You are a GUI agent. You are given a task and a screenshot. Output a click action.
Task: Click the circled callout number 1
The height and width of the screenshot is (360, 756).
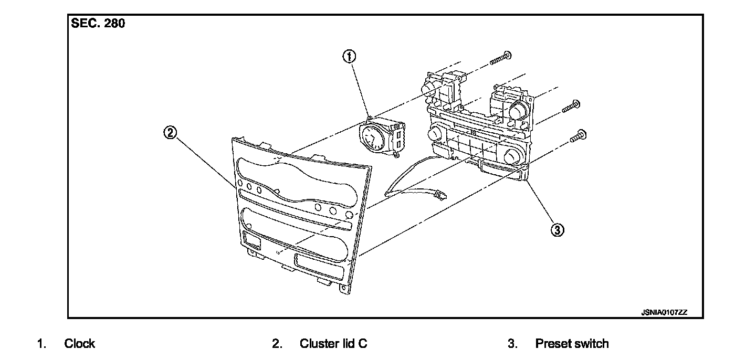[350, 56]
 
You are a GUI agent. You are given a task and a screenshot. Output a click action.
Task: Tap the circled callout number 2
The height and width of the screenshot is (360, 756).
[169, 133]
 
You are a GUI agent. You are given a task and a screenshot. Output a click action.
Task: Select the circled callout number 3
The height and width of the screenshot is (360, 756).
[558, 229]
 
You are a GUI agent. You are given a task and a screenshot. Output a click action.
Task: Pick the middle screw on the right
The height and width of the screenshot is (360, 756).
[571, 107]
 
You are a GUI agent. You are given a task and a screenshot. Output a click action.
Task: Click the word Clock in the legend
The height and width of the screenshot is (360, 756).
[79, 344]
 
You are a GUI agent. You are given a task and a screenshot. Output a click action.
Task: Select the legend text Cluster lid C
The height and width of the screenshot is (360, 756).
[333, 344]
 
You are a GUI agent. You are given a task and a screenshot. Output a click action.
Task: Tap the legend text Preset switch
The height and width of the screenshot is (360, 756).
[572, 344]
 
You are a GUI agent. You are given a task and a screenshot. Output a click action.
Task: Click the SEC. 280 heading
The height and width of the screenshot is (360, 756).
[98, 24]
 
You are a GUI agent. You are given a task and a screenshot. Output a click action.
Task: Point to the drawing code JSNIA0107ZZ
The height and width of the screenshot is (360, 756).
[664, 312]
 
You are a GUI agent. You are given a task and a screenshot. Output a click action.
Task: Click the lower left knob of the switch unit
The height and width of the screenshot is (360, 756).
[435, 134]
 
